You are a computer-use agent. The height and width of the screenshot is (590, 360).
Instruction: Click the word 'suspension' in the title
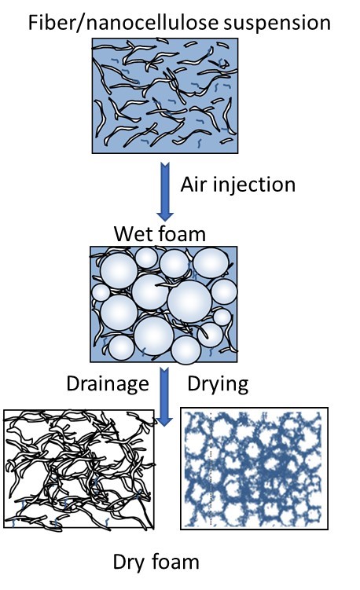[277, 23]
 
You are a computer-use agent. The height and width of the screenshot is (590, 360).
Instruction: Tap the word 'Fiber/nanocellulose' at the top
[123, 23]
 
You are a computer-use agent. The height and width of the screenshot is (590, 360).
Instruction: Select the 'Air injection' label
[237, 185]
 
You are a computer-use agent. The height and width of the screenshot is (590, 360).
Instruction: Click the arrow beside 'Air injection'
[165, 192]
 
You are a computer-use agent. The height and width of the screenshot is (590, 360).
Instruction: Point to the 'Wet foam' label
[160, 233]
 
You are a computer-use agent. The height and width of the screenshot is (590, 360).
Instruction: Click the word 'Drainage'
[108, 384]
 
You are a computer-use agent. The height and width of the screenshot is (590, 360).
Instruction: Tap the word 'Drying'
[218, 384]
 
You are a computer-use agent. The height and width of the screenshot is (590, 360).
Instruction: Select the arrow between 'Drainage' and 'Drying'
[164, 397]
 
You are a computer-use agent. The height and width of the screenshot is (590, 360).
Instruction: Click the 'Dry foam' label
[156, 563]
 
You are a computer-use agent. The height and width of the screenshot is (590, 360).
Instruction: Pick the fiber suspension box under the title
[165, 96]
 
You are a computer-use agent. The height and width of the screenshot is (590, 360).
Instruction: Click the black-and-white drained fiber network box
[79, 469]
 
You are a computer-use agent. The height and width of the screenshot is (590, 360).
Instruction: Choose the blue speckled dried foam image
[254, 468]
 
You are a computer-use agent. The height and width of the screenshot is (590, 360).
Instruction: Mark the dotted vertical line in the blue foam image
[211, 468]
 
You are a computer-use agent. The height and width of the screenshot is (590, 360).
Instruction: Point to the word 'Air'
[193, 185]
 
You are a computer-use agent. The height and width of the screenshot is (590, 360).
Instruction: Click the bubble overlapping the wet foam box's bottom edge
[186, 350]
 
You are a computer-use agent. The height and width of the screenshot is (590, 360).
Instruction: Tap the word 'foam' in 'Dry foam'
[175, 562]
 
